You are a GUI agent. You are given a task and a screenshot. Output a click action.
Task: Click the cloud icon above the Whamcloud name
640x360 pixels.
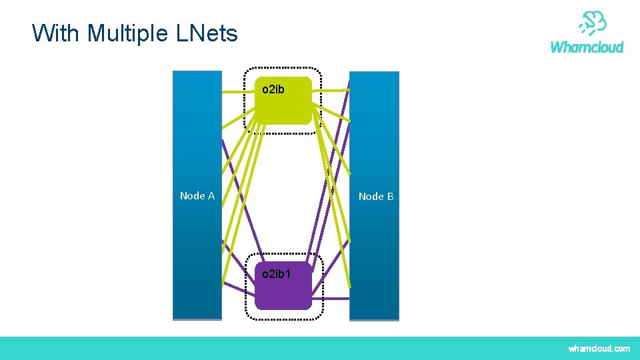pos(592,23)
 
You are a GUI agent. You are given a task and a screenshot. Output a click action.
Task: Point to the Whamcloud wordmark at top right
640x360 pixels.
pos(587,47)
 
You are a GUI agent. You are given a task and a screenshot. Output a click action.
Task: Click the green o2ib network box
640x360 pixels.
pos(283,107)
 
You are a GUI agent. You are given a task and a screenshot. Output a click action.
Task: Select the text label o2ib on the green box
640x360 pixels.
pos(273,89)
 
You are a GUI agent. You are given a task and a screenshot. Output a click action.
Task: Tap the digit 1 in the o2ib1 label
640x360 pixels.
pos(287,274)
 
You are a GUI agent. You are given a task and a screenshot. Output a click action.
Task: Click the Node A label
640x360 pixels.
pos(197,196)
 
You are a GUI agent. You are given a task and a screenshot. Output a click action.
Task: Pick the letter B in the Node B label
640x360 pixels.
pos(390,197)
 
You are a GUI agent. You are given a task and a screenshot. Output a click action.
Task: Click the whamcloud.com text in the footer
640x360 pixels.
pos(599,349)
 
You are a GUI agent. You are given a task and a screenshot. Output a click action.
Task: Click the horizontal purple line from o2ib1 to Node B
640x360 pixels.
pos(331,298)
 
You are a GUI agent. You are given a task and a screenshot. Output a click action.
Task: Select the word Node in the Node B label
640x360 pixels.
pos(371,197)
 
